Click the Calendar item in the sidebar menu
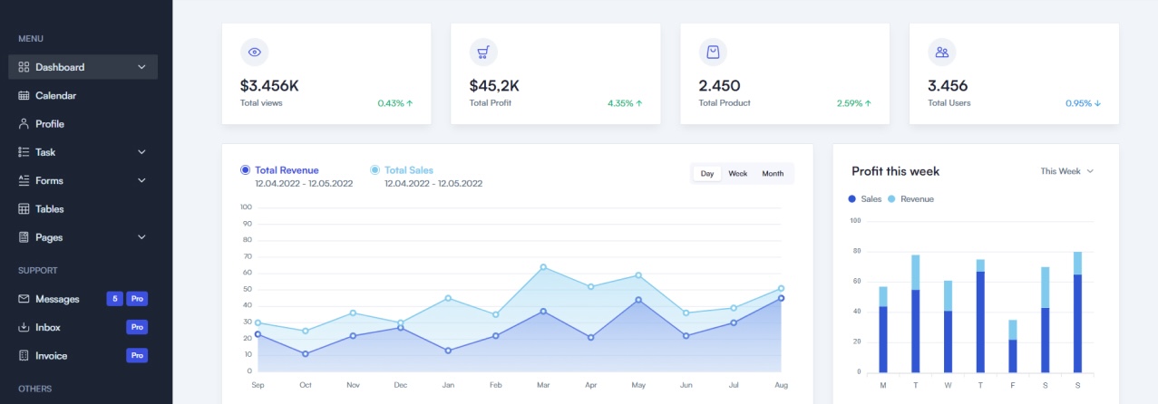55,95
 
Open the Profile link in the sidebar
50,124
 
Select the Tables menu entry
49,209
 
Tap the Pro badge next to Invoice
137,356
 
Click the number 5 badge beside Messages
114,299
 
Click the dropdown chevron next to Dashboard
141,67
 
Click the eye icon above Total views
255,53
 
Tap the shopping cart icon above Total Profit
483,53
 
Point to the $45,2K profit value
494,86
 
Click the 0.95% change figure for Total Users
1083,103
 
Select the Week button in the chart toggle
737,174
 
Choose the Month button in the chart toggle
773,174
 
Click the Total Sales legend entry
408,170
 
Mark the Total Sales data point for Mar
543,267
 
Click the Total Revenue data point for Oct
306,353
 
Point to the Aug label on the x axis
781,385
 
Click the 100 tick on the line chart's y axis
246,207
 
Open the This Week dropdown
1066,171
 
